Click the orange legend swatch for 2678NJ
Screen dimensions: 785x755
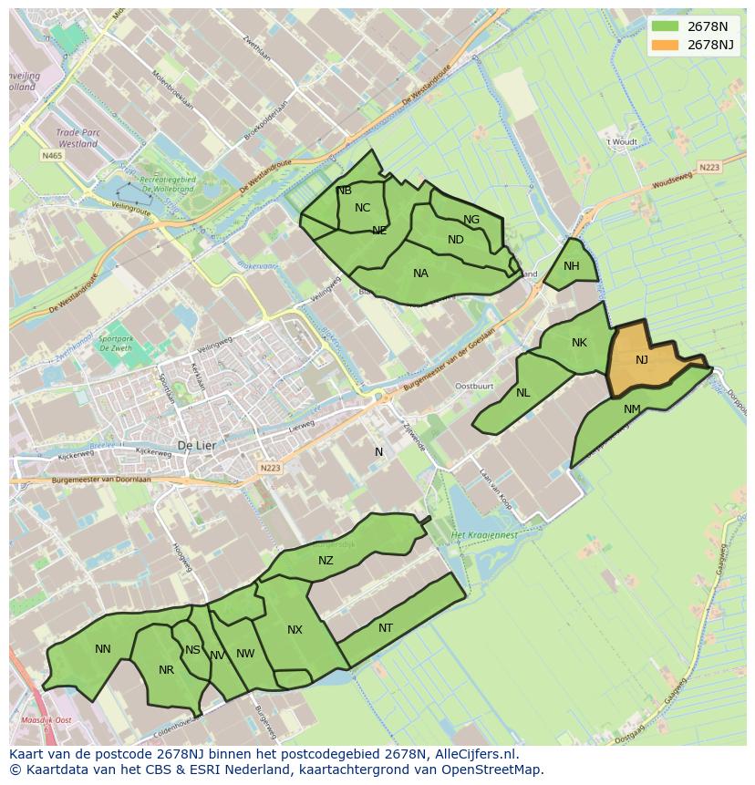tap(666, 45)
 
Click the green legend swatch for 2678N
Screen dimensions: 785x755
tap(666, 26)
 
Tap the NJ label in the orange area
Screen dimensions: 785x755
tap(642, 360)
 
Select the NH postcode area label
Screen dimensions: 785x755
tap(572, 266)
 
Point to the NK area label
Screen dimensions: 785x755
tap(579, 343)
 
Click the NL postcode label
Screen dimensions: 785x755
tap(522, 393)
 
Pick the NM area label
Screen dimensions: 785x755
tap(632, 409)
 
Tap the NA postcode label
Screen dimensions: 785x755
tap(420, 273)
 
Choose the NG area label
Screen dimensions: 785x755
tap(471, 220)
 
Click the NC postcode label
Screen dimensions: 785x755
tap(363, 208)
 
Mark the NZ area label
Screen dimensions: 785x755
tap(326, 561)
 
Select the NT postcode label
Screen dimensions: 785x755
tap(386, 628)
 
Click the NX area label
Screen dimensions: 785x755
tap(295, 630)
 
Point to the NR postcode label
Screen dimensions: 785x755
tap(166, 670)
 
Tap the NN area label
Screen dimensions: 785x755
tap(103, 649)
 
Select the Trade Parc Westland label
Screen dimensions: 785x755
tap(77, 138)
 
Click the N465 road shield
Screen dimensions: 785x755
tap(52, 156)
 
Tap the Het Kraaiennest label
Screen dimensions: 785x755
tap(484, 534)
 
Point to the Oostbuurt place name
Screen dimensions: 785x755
tap(474, 386)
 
